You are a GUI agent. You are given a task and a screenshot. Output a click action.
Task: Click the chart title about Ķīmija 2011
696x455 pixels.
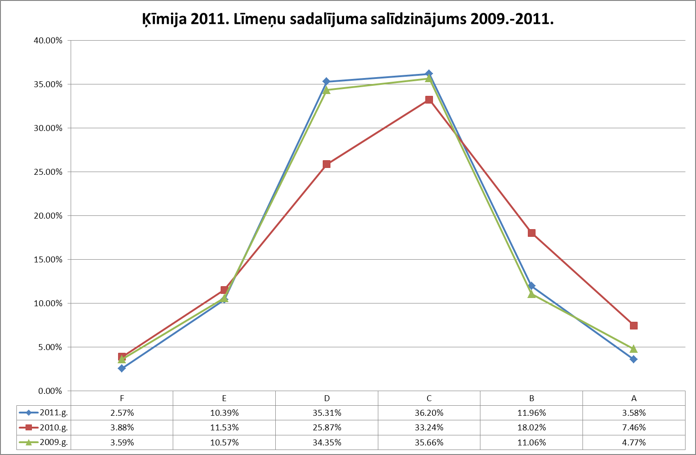[x=348, y=19]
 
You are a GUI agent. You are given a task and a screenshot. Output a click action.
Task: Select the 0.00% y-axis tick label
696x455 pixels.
[x=49, y=391]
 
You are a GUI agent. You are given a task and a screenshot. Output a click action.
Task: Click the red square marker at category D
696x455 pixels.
[x=326, y=164]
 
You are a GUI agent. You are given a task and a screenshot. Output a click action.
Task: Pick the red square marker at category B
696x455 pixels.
[x=531, y=233]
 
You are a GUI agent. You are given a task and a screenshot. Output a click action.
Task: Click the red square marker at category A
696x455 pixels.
[x=634, y=325]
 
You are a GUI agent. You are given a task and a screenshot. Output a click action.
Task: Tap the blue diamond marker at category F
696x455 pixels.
[x=122, y=368]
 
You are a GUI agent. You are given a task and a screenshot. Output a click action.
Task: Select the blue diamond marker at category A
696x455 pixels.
[x=634, y=359]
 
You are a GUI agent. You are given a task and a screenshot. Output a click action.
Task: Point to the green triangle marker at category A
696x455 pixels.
[x=634, y=349]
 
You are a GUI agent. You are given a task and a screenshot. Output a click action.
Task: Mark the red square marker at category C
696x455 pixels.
[x=429, y=99]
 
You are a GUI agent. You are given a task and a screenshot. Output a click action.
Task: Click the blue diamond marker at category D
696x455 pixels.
[x=326, y=81]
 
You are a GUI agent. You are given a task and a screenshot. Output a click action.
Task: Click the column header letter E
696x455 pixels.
[x=224, y=398]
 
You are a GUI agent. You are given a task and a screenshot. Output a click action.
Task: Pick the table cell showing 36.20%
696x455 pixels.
[x=429, y=413]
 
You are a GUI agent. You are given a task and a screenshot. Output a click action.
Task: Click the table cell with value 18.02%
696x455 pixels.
[x=531, y=428]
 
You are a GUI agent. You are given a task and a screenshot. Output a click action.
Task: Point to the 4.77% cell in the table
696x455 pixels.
[x=634, y=442]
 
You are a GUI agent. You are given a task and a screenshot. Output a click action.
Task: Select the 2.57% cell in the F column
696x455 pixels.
[x=122, y=413]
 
